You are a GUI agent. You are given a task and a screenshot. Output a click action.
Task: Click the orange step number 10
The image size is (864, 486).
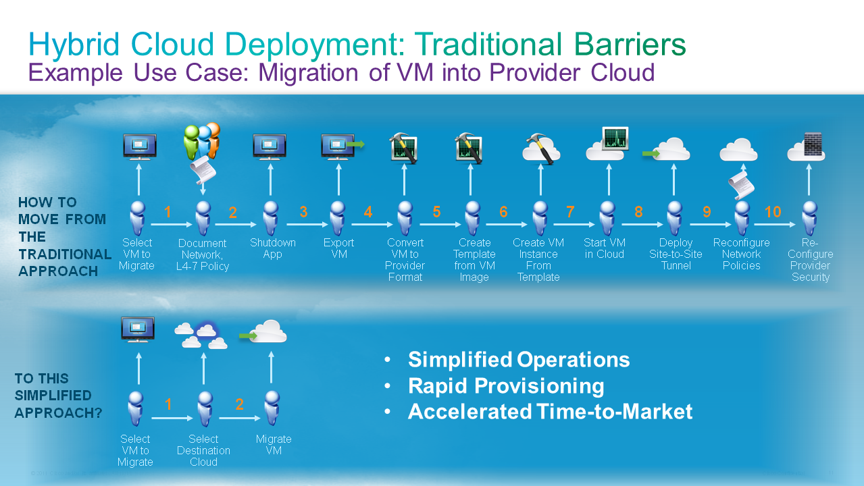773,212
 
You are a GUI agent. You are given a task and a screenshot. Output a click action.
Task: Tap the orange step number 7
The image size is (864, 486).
570,212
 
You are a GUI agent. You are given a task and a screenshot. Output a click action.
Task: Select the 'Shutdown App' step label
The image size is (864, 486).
272,248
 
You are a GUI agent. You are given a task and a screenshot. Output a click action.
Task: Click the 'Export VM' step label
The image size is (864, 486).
338,248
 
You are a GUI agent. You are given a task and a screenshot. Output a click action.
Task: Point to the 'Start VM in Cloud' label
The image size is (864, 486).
605,248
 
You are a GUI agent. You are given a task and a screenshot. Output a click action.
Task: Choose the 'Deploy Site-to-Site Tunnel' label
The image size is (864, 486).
676,254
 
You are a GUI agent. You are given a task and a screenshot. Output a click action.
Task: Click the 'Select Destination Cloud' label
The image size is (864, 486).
203,450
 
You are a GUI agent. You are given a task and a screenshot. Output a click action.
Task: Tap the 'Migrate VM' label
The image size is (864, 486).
273,445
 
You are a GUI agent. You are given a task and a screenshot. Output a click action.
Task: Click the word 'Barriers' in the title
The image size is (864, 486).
630,45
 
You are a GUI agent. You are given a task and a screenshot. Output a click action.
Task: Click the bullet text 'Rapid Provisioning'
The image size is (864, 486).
506,385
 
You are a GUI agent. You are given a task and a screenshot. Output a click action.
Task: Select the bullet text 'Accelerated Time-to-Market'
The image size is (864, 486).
550,411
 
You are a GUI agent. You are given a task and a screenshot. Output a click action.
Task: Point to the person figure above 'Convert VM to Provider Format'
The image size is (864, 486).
405,218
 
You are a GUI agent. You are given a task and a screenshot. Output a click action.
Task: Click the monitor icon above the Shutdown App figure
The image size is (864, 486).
270,146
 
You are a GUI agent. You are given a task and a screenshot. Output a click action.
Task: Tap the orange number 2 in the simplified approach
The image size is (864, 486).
239,405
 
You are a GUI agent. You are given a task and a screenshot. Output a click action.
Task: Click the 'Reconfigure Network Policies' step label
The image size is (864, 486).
741,254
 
